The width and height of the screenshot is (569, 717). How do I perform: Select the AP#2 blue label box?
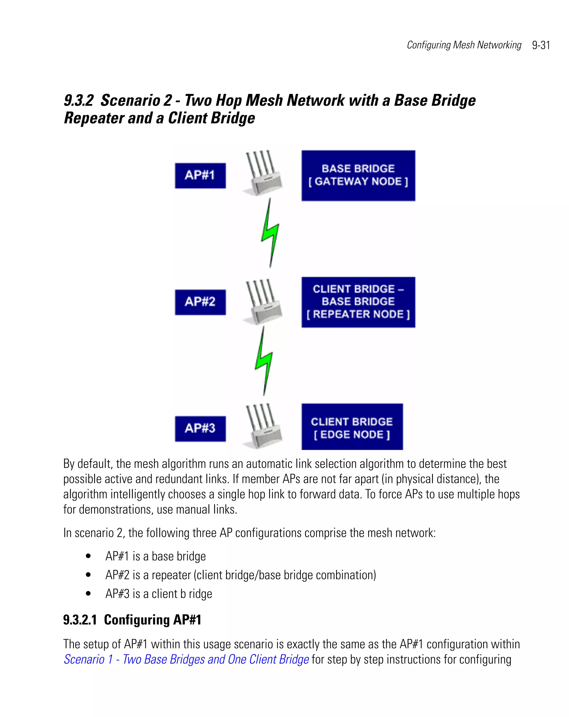click(200, 302)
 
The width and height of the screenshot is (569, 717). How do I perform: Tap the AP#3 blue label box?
click(200, 428)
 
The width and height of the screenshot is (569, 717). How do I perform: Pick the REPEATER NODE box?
click(358, 302)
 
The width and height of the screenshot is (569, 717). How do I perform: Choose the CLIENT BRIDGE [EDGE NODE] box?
click(352, 427)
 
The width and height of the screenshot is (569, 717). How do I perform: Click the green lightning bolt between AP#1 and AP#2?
click(270, 233)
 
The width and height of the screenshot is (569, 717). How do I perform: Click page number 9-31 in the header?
click(541, 45)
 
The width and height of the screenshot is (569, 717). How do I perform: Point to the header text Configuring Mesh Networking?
click(464, 45)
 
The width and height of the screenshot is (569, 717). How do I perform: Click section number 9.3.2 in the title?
click(78, 100)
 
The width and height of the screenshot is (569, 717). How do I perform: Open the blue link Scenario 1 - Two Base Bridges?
click(186, 659)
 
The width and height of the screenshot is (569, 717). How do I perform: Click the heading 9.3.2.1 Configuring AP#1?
click(132, 620)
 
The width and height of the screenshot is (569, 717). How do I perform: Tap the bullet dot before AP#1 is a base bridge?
click(88, 556)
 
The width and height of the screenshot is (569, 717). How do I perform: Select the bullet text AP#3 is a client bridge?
click(159, 594)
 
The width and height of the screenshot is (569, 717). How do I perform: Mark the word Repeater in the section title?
click(94, 118)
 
